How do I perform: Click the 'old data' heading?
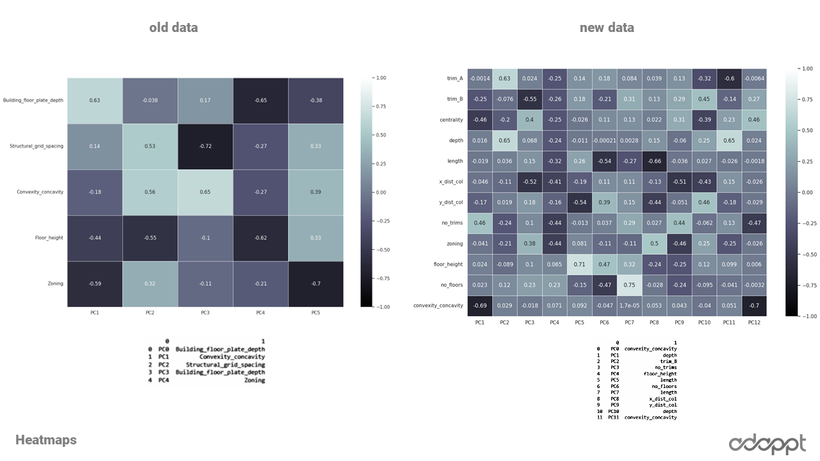174,28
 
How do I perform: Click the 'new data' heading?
607,28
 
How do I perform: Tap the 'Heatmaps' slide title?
46,440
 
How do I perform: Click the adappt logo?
768,444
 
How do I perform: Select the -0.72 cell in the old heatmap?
205,146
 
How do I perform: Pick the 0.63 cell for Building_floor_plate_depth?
95,100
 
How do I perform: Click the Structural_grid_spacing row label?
37,146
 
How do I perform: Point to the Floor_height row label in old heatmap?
49,238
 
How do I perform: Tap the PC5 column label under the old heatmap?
315,312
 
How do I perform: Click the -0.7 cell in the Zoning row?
315,283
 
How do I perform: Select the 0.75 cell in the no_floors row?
629,285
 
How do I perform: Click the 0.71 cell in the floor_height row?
579,264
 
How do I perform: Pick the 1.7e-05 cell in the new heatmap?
629,305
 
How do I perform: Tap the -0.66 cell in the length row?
654,161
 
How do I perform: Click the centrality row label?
451,120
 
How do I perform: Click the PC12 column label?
754,323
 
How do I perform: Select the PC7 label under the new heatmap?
629,323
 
